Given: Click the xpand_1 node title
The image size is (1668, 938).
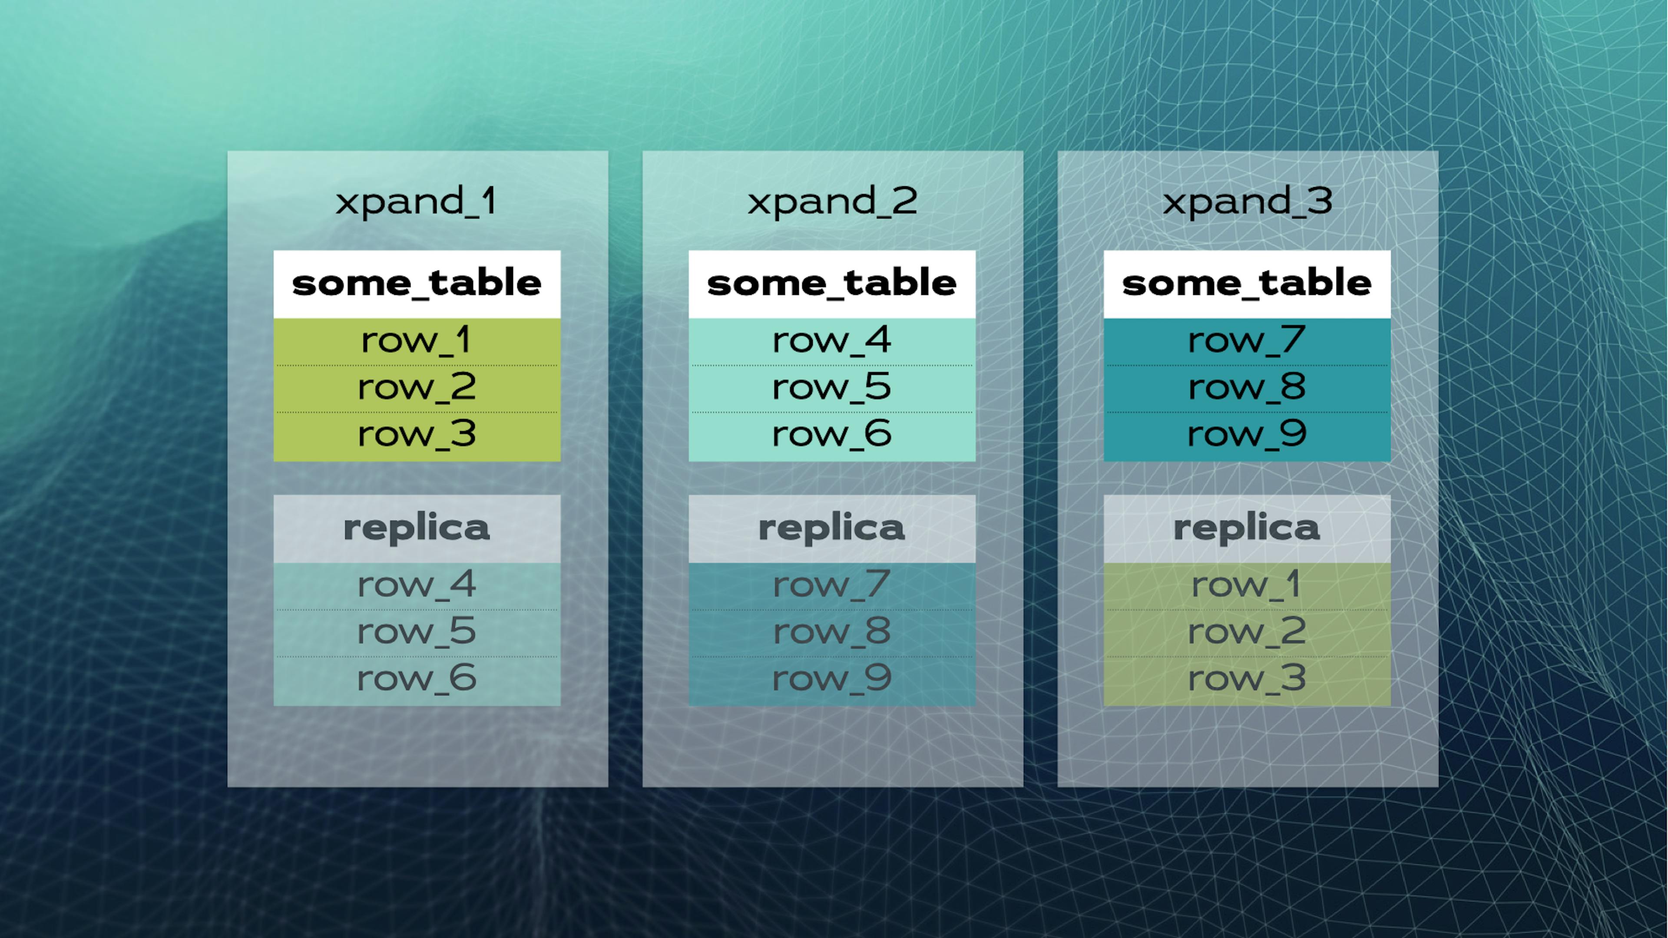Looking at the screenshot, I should pos(417,201).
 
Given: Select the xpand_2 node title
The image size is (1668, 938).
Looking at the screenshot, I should pos(832,201).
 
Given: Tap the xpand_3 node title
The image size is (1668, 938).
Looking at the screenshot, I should pos(1247,201).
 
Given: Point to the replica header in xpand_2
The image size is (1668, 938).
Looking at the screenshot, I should pos(832,528).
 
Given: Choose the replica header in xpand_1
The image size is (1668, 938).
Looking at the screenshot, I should pos(417,528).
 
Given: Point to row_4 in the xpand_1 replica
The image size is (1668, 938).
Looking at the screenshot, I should pos(417,586).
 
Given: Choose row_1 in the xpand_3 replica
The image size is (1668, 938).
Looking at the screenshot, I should pos(1247,586).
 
